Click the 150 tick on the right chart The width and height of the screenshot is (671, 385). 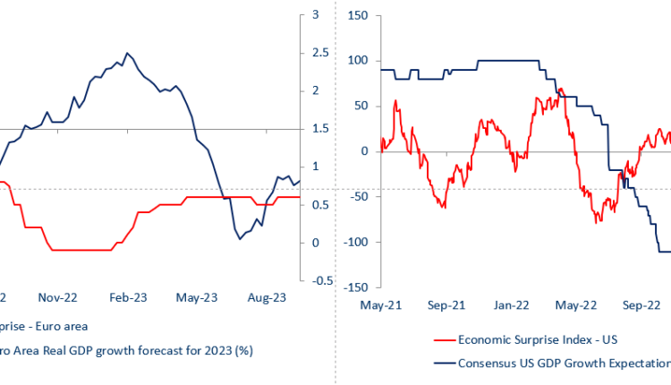point(359,15)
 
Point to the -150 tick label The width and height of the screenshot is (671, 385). point(357,287)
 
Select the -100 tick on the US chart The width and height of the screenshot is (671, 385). point(357,242)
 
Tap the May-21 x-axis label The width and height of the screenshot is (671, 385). point(381,305)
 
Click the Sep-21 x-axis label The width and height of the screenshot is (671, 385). point(446,305)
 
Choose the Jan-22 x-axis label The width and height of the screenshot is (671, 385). point(511,305)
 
